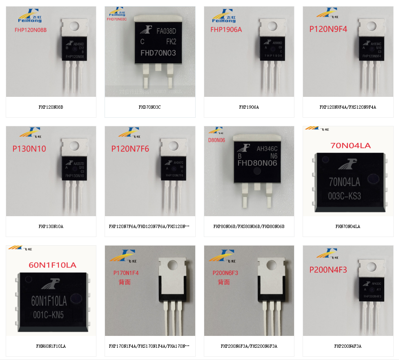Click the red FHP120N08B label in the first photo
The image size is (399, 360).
point(30,30)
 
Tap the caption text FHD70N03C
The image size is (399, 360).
point(149,107)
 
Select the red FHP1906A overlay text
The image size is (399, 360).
point(226,29)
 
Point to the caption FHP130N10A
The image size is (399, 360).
point(51,226)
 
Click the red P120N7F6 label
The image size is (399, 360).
point(130,149)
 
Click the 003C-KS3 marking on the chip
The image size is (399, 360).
point(345,196)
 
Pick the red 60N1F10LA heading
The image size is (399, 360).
point(52,265)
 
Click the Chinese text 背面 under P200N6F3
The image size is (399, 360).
point(223,282)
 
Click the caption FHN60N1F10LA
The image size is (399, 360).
point(51,346)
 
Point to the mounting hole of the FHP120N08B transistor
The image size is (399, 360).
point(74,26)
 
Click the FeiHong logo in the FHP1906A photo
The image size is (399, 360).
point(224,16)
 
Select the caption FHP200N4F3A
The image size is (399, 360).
point(348,346)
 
